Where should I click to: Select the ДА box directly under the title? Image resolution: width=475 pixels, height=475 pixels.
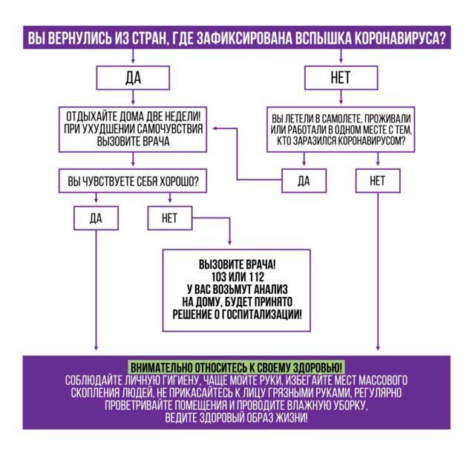pos(133,78)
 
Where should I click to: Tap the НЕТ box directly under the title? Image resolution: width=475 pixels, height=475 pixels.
pos(341,78)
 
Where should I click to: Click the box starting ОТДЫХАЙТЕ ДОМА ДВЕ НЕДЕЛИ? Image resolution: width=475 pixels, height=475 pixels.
pos(133,129)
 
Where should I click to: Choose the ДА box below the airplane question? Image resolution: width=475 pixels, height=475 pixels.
pos(304,180)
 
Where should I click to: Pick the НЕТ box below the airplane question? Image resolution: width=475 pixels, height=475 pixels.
pos(378,180)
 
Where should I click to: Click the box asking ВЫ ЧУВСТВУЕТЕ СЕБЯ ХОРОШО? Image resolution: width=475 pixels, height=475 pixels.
pos(133,181)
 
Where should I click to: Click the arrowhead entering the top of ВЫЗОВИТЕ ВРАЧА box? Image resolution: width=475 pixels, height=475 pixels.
pos(230,244)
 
